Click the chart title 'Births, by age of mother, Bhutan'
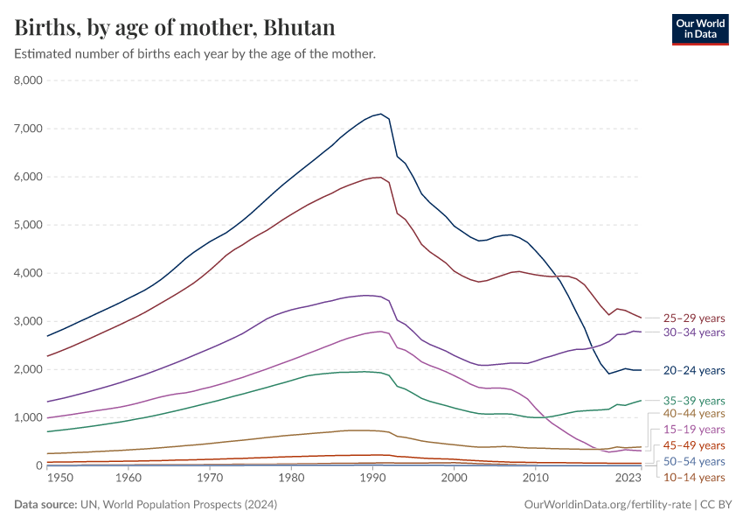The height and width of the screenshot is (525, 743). click(x=175, y=27)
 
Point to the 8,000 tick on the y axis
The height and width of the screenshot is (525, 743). click(x=28, y=80)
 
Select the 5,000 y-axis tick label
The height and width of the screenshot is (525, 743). click(x=28, y=225)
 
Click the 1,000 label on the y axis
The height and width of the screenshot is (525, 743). click(x=28, y=417)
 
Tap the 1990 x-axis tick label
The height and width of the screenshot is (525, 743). click(x=373, y=479)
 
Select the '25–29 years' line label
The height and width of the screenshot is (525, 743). click(x=693, y=318)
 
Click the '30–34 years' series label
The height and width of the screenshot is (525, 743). click(x=693, y=332)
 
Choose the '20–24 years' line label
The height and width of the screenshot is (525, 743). click(x=693, y=371)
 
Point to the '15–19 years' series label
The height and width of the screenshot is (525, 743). click(x=693, y=430)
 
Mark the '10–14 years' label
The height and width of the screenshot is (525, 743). click(x=693, y=477)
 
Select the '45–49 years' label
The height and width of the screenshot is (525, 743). click(x=693, y=445)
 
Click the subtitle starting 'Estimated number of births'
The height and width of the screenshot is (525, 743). click(x=195, y=54)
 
